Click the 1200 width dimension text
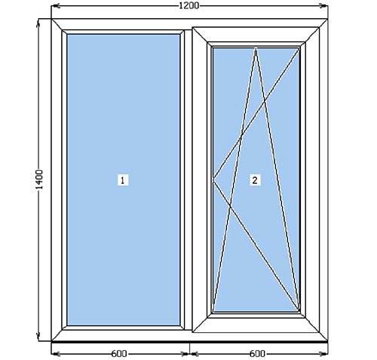tap(188, 5)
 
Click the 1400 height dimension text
tap(39, 179)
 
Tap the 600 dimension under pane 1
tap(119, 354)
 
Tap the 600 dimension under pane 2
tap(257, 354)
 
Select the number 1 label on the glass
tap(123, 180)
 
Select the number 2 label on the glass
tap(255, 180)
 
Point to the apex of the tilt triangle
tap(256, 48)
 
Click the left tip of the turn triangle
tap(213, 179)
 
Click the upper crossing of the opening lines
tap(264, 102)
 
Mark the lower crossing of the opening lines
tap(230, 206)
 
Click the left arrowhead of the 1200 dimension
tap(56, 6)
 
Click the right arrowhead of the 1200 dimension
tap(323, 6)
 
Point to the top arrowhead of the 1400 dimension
tap(38, 23)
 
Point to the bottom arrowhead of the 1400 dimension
tap(38, 337)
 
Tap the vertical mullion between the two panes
tap(188, 180)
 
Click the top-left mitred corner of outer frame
tap(57, 25)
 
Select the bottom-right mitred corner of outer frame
tap(323, 337)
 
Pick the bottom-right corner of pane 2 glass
tap(299, 311)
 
